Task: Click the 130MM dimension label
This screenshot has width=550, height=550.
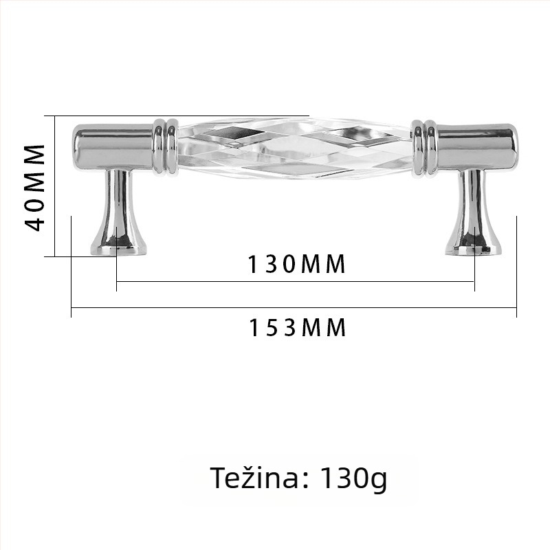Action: (297, 264)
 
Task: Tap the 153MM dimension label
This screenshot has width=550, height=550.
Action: (297, 328)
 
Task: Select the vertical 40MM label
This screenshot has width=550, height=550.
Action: (35, 188)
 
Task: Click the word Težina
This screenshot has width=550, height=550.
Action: (254, 477)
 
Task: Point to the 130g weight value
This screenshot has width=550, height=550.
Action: (353, 478)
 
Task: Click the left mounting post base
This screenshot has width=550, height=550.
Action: (118, 245)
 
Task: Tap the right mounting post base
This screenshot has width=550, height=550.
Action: (473, 245)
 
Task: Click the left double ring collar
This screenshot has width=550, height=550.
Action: (165, 146)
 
